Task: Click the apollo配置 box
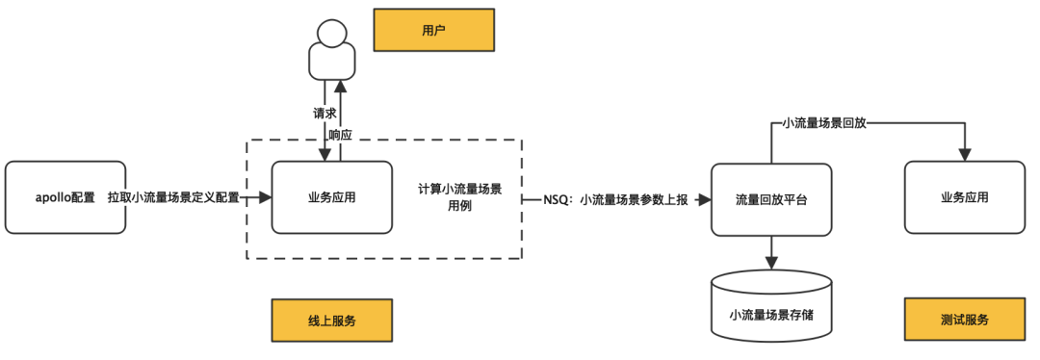pyautogui.click(x=65, y=197)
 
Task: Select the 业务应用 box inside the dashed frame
pyautogui.click(x=331, y=197)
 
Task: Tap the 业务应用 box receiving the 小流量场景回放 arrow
pyautogui.click(x=964, y=197)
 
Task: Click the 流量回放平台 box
pyautogui.click(x=770, y=199)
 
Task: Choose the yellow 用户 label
pyautogui.click(x=433, y=31)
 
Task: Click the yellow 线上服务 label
pyautogui.click(x=331, y=321)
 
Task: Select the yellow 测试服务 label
pyautogui.click(x=964, y=321)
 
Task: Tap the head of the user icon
pyautogui.click(x=329, y=34)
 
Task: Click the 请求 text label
pyautogui.click(x=325, y=114)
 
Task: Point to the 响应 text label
pyautogui.click(x=340, y=135)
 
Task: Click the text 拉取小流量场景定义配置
pyautogui.click(x=173, y=197)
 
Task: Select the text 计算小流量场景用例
pyautogui.click(x=459, y=197)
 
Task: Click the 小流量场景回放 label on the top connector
pyautogui.click(x=824, y=123)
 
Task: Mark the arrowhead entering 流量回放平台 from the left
pyautogui.click(x=704, y=200)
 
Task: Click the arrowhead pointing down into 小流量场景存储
pyautogui.click(x=770, y=263)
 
